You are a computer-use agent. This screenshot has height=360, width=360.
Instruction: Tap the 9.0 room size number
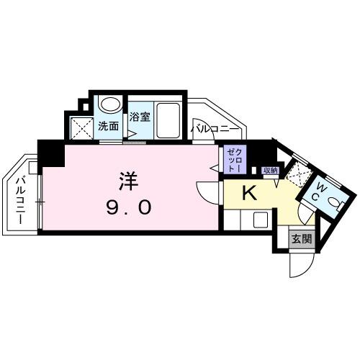(130, 208)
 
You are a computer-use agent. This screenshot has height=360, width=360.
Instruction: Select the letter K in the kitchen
(248, 193)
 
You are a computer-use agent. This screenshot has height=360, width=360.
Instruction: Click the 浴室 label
(140, 117)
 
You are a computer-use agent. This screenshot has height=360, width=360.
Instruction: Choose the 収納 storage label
(270, 171)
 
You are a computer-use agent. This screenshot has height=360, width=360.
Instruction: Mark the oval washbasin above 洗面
(109, 104)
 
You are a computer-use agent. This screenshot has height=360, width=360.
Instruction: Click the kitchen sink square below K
(260, 220)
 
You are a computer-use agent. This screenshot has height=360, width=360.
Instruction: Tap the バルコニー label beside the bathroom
(210, 128)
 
